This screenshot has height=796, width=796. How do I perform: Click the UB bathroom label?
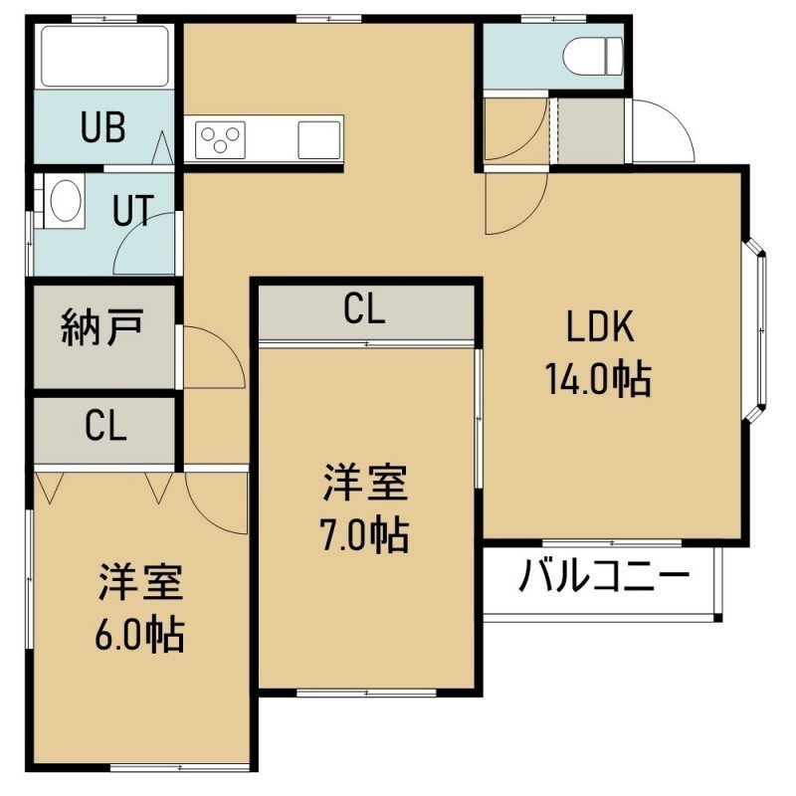103,127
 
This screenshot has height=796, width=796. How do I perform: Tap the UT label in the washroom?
133,210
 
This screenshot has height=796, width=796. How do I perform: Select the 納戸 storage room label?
101,327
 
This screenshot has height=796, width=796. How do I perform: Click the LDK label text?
600,327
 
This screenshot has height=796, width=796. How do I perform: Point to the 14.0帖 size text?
598,379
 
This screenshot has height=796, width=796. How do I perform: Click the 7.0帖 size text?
364,535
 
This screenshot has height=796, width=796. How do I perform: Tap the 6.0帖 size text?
139,635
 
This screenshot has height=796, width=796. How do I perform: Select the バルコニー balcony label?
604,576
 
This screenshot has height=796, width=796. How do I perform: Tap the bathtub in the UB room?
104,57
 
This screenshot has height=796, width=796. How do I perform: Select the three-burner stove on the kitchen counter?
220,139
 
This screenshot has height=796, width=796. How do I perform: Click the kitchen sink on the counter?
318,139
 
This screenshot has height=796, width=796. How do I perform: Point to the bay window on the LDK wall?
756,330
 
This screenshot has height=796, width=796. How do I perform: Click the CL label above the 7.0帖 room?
364,308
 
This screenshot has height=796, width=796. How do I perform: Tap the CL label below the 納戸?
105,426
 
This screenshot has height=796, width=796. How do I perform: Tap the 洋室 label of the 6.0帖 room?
140,582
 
